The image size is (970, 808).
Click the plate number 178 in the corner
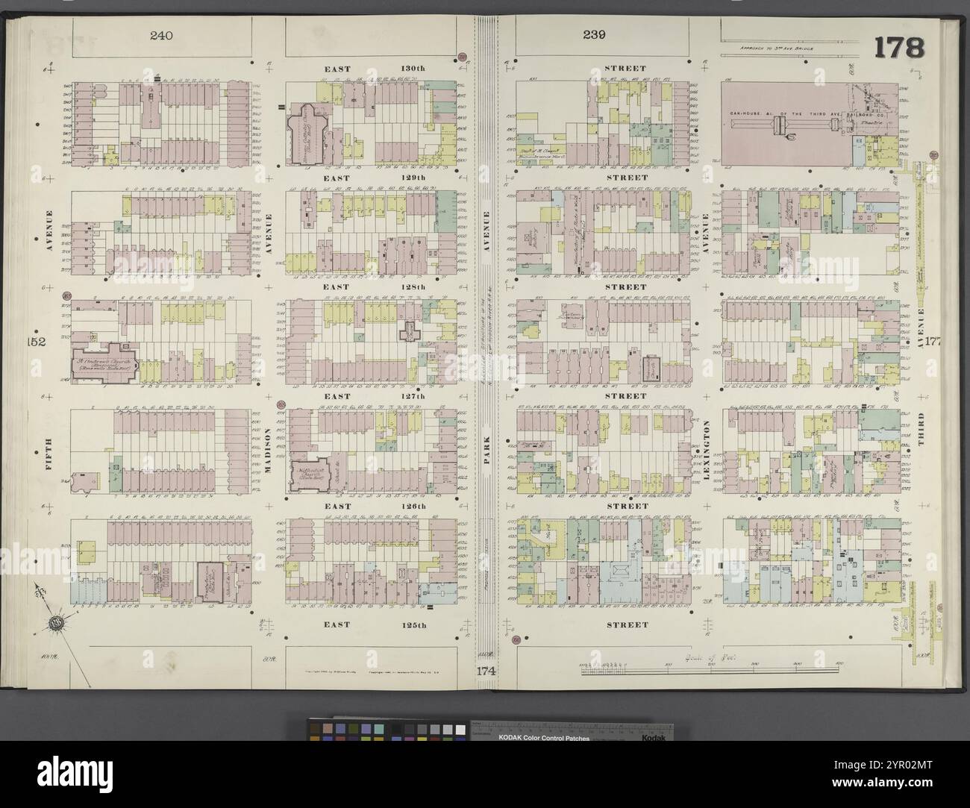point(899,48)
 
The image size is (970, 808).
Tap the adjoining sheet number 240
point(160,35)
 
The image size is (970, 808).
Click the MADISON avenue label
point(266,449)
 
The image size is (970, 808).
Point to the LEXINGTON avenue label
point(707,448)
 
